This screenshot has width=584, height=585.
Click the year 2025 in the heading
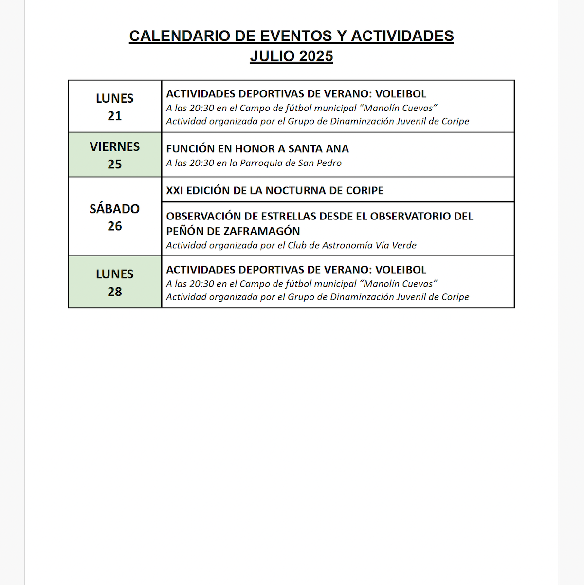point(316,56)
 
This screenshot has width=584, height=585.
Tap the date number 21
point(115,116)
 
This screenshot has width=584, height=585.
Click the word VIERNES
point(115,146)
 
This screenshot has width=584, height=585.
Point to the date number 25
point(115,164)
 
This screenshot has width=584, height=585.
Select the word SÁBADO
point(115,209)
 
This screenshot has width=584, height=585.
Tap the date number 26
point(115,226)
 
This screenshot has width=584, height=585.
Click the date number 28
point(115,292)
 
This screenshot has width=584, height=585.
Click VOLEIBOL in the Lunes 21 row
point(401,94)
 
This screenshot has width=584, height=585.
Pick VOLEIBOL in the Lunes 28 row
point(401,270)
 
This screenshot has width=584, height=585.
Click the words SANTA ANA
point(319,149)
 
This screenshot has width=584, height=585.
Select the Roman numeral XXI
point(174,190)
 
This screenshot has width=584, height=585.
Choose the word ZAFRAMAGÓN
point(260,231)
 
